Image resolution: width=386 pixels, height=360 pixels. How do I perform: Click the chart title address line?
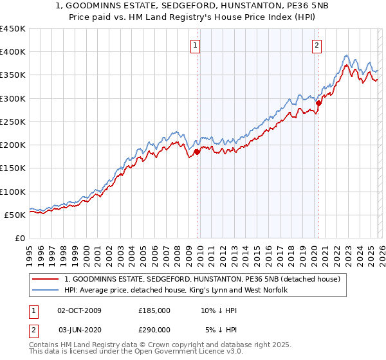[x=193, y=6]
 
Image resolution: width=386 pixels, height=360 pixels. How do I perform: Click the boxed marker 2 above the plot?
[x=318, y=45]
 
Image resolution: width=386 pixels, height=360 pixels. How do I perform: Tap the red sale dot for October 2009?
[x=197, y=152]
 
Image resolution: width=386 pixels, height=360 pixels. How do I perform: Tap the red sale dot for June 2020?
[x=318, y=103]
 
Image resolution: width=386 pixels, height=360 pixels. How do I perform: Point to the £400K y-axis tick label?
[x=12, y=52]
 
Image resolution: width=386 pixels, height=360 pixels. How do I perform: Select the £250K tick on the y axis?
[x=12, y=122]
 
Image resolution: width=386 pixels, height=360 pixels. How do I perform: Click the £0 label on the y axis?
[x=19, y=238]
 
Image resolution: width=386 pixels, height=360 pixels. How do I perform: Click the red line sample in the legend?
[x=45, y=279]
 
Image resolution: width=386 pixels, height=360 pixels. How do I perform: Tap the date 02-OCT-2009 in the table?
[x=79, y=310]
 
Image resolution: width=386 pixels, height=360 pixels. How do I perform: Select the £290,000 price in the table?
[x=154, y=329]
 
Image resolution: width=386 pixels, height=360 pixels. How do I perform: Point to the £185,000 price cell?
[x=154, y=310]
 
